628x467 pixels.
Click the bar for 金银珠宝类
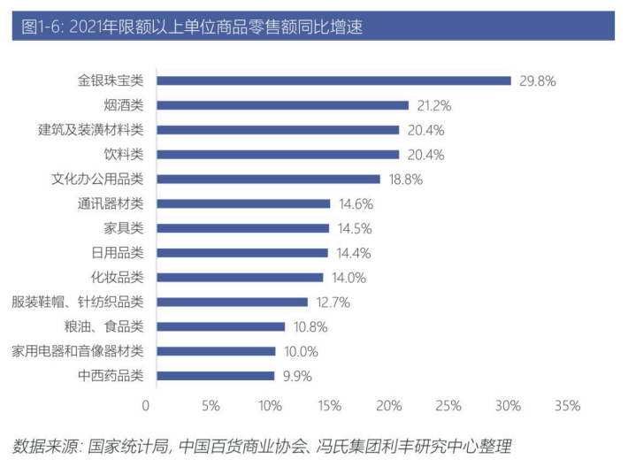(x=329, y=80)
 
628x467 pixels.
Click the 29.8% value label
(x=538, y=80)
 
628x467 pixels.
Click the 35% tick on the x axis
(x=567, y=406)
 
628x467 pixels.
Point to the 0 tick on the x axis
(x=146, y=406)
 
